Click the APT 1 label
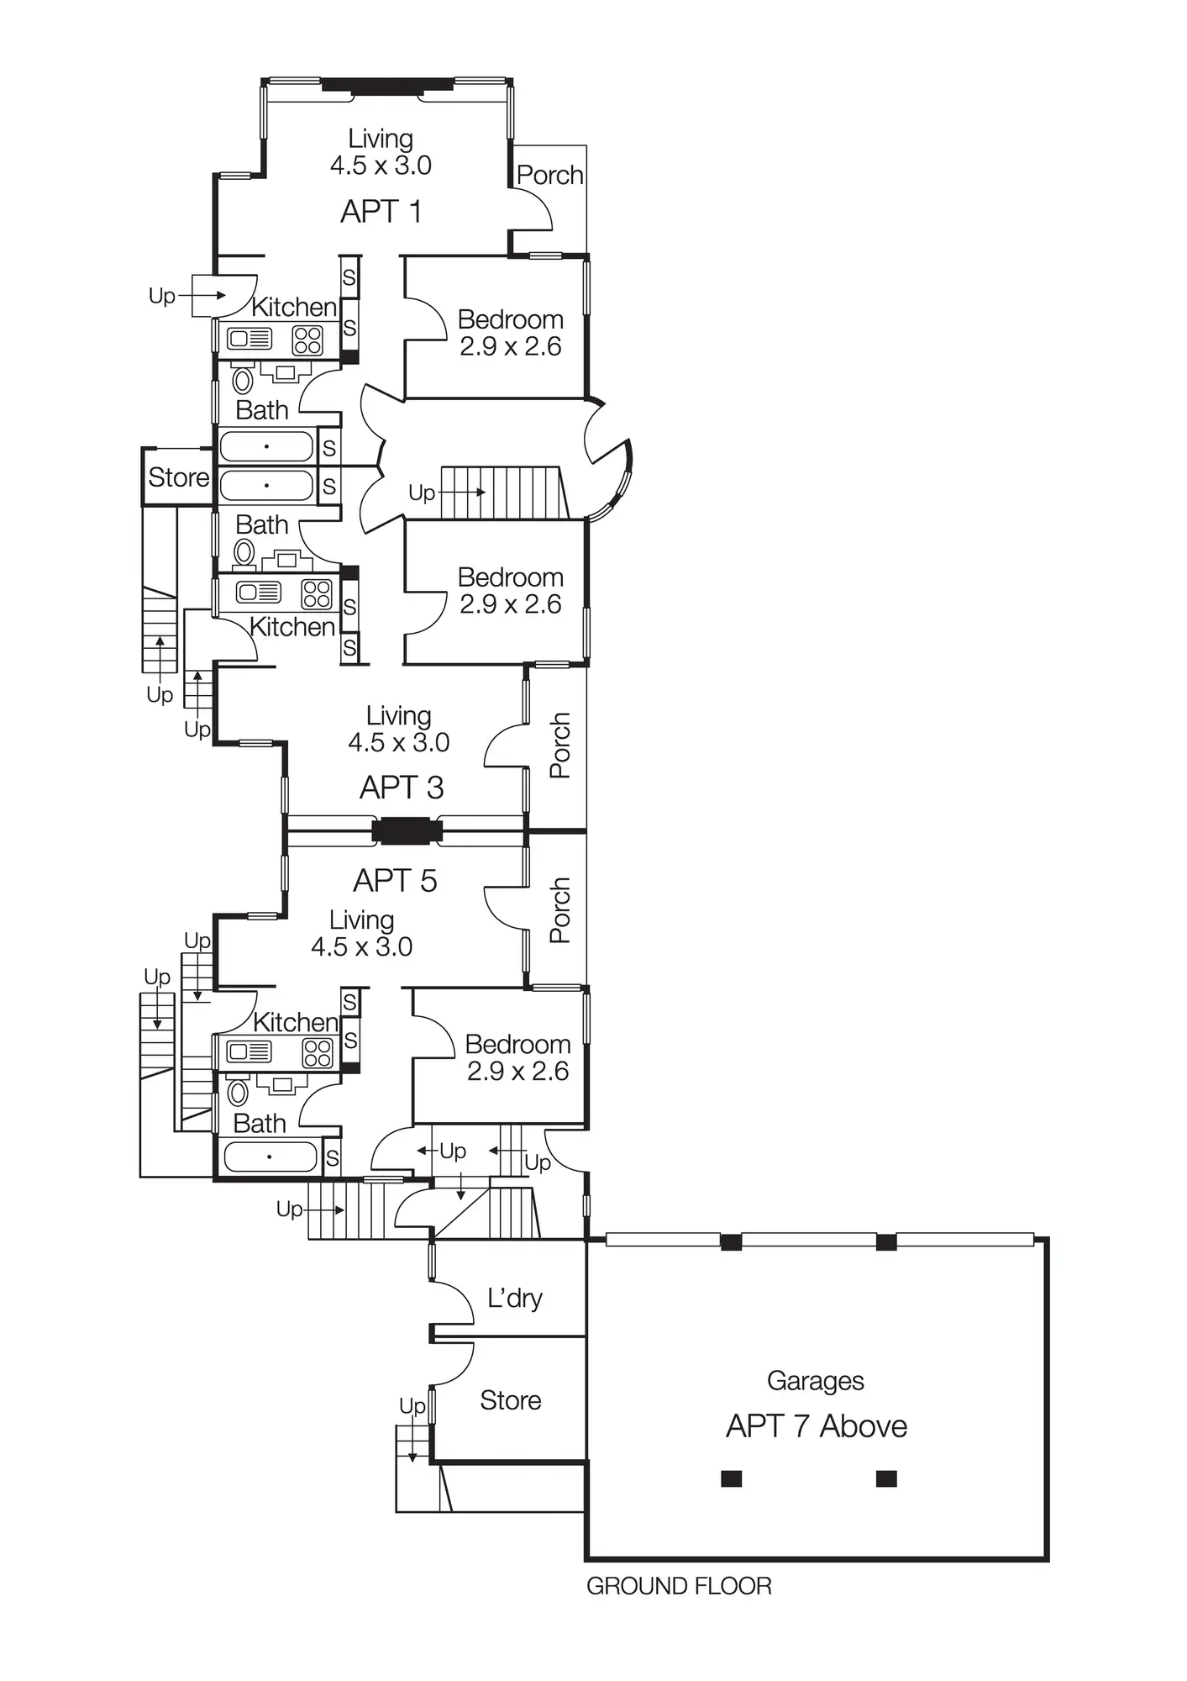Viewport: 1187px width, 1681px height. [381, 211]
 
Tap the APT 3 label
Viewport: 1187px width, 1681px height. [402, 788]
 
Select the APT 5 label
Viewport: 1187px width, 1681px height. [395, 881]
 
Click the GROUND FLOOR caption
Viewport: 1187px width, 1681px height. [679, 1586]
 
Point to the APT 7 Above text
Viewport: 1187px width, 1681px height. [817, 1426]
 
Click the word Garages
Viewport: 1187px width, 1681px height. [815, 1381]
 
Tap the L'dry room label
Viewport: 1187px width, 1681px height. [514, 1299]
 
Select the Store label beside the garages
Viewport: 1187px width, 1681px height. [510, 1400]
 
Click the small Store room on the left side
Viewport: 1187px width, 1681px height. [178, 477]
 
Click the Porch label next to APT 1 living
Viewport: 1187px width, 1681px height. [549, 175]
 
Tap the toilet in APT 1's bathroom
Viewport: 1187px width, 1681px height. [243, 380]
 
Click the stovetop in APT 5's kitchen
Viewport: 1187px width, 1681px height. [317, 1052]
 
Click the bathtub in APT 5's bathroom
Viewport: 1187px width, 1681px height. [269, 1157]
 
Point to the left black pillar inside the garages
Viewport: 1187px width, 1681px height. [731, 1478]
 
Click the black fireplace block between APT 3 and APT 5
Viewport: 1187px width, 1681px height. [407, 831]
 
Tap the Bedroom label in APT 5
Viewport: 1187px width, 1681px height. [517, 1044]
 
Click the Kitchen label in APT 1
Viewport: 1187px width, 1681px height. [294, 307]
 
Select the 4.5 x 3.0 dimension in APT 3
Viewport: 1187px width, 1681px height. [399, 742]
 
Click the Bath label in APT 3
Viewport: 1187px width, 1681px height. [261, 524]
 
